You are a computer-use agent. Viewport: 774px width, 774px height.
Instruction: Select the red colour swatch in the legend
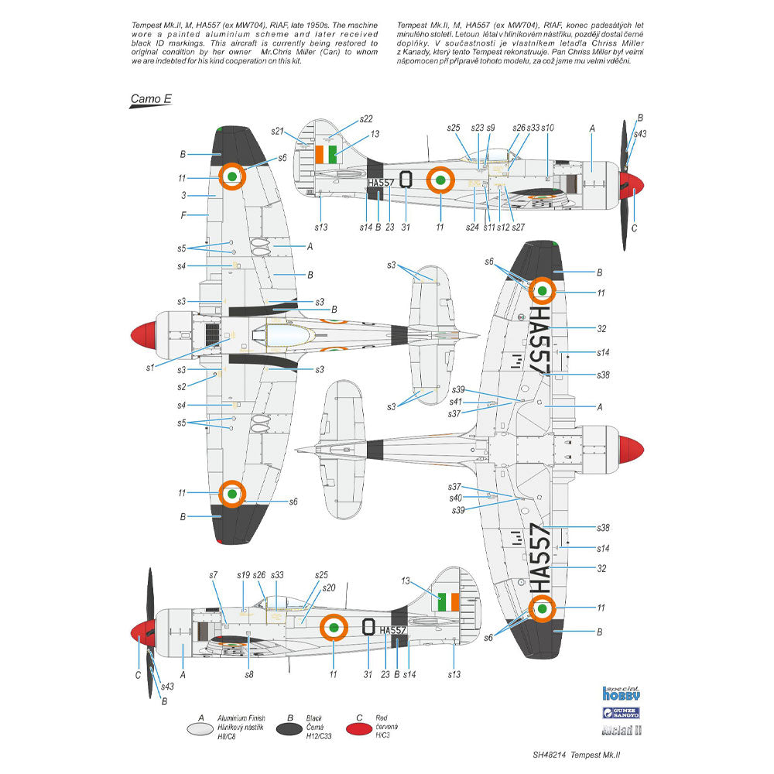point(365,728)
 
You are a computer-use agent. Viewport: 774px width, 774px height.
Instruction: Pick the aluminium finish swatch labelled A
point(200,728)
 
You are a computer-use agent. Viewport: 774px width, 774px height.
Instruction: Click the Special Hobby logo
point(622,694)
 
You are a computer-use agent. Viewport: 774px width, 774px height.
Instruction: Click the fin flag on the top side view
point(328,153)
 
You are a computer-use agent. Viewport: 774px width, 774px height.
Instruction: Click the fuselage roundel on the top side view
point(440,181)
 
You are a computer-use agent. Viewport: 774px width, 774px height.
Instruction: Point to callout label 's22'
point(365,118)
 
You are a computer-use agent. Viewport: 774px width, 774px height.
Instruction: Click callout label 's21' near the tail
point(278,131)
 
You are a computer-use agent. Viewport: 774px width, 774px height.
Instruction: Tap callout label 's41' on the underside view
point(457,402)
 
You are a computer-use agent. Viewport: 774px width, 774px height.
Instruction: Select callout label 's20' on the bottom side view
point(328,587)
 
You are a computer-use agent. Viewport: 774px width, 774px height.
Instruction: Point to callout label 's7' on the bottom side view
point(214,574)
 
